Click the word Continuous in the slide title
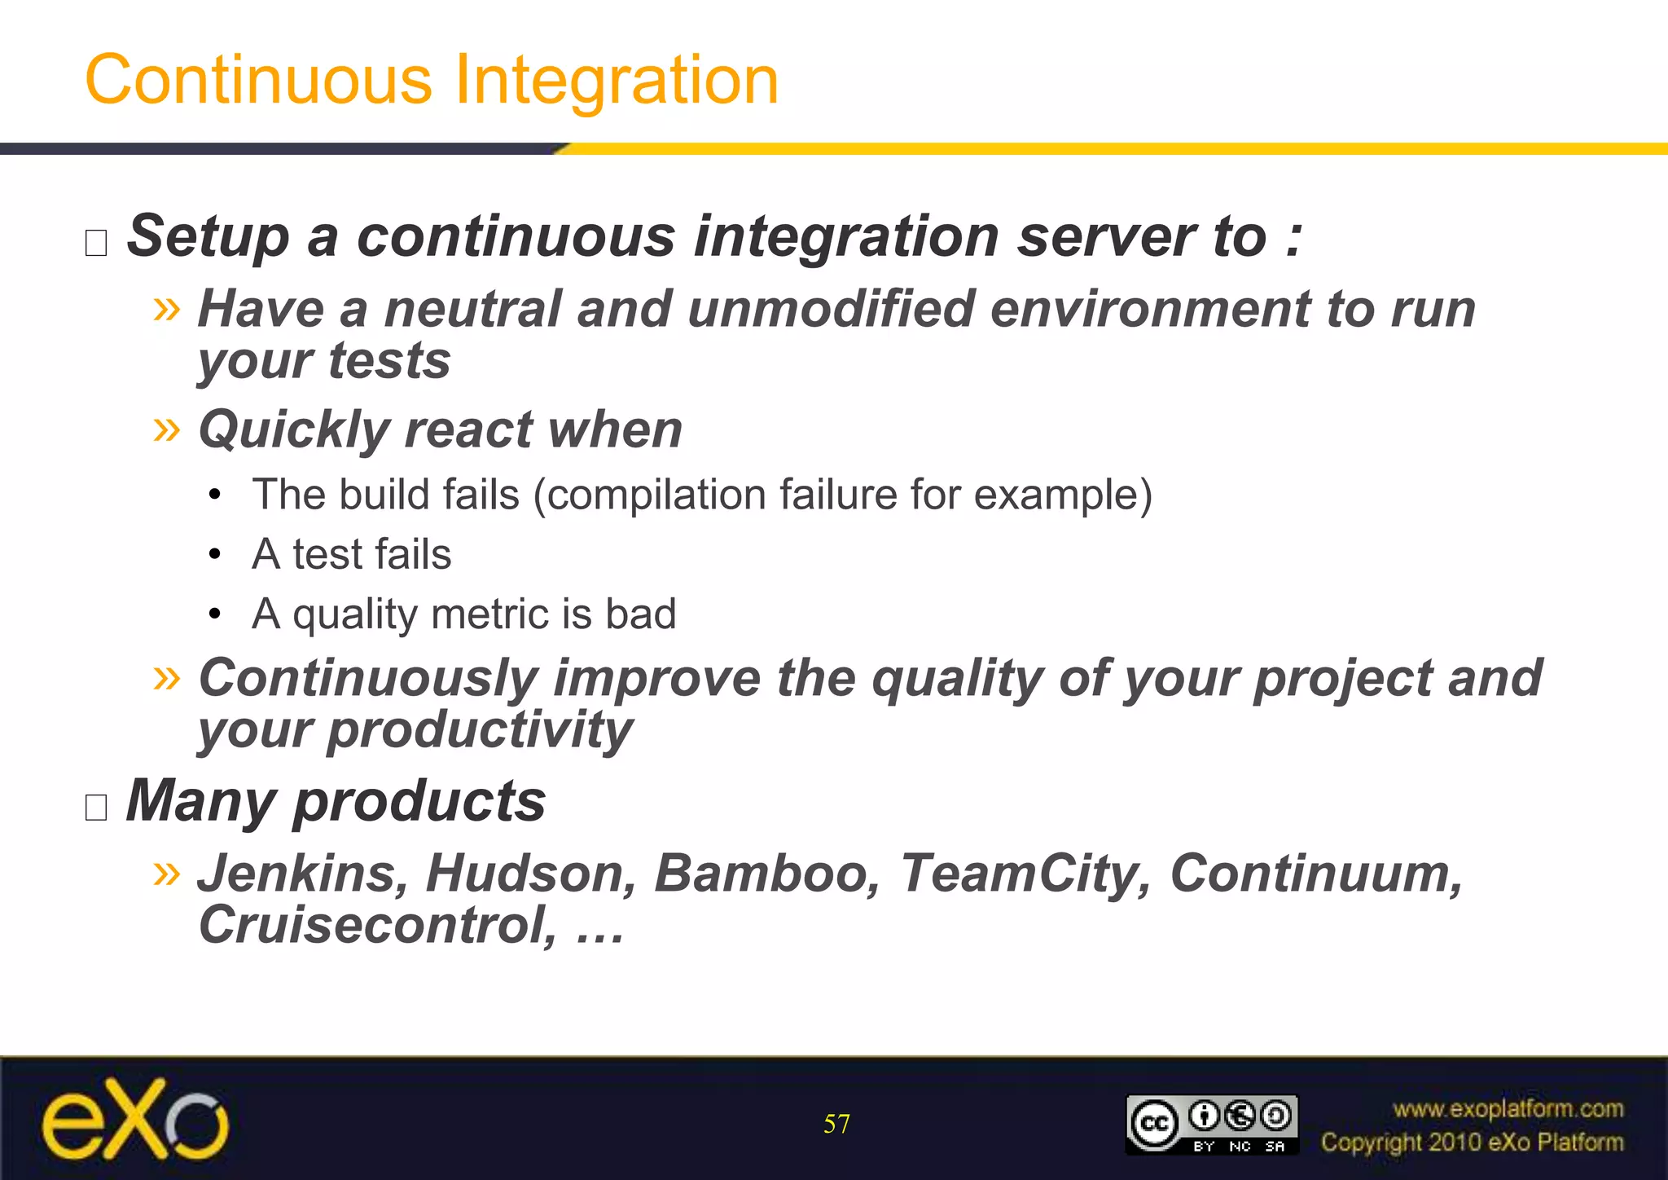coord(258,80)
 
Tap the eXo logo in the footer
coord(135,1120)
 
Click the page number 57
coord(836,1125)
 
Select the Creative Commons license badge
coord(1211,1125)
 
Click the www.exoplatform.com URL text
coord(1508,1109)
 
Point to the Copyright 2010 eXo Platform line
coord(1472,1143)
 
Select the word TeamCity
coord(1025,874)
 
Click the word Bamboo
coord(766,874)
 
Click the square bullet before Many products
coord(96,808)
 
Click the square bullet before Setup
coord(96,243)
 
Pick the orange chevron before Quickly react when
coord(166,429)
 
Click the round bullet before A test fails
coord(214,555)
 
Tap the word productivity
coord(480,729)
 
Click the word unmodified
coord(831,310)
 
